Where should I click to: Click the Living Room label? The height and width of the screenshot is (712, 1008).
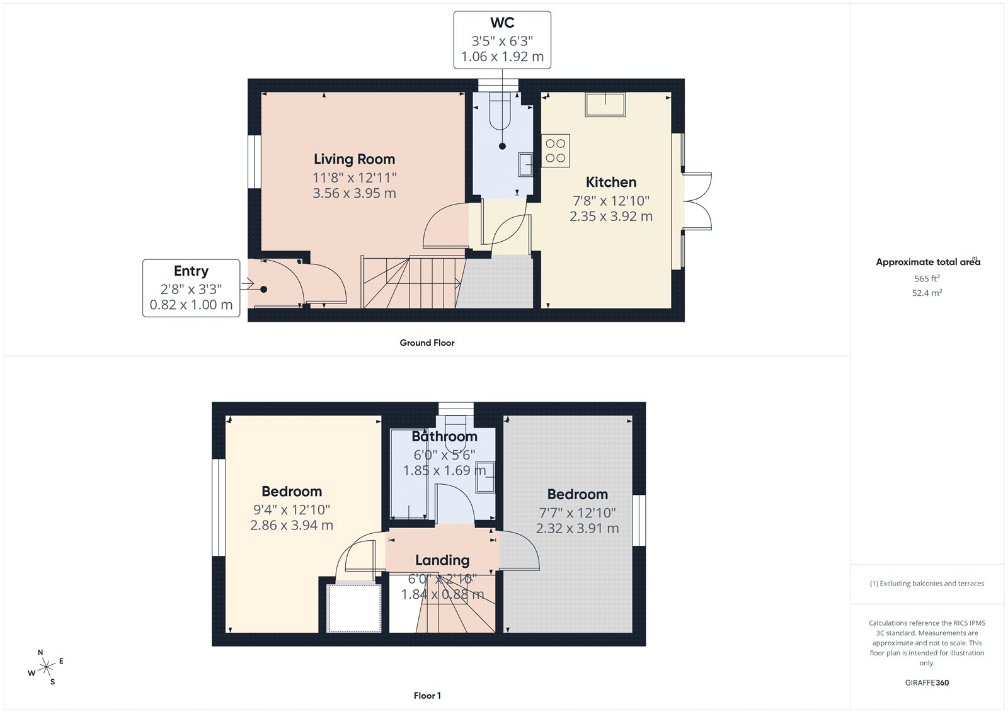(x=354, y=159)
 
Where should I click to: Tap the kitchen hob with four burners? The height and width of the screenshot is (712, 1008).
(x=556, y=150)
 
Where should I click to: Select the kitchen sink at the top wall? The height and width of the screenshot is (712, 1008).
(x=605, y=105)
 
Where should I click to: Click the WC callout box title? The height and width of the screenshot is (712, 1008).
(x=502, y=23)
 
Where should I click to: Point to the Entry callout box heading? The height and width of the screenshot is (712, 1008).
(x=191, y=271)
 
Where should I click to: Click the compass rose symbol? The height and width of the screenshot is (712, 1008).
(x=46, y=667)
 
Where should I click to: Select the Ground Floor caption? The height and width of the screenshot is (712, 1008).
(x=427, y=343)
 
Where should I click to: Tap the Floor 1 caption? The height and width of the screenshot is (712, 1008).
(x=427, y=696)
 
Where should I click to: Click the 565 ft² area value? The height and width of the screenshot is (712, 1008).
(x=927, y=278)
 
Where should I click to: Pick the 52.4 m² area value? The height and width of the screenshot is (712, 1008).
(x=927, y=293)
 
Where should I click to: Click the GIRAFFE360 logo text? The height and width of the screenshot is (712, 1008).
(x=927, y=682)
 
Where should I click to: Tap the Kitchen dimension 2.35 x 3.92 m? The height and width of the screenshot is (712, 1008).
(x=610, y=217)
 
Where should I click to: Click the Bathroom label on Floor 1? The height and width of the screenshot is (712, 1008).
(x=444, y=436)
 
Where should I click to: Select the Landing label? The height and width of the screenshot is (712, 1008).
(x=442, y=560)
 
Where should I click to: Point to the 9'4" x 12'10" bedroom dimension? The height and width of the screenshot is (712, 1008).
(x=292, y=510)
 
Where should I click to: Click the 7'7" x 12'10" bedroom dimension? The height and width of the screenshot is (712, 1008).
(x=577, y=513)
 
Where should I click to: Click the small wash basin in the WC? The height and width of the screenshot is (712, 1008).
(x=525, y=165)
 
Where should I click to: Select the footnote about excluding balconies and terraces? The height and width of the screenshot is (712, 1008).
(x=927, y=584)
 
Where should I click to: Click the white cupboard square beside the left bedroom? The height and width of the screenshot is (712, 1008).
(x=355, y=607)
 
